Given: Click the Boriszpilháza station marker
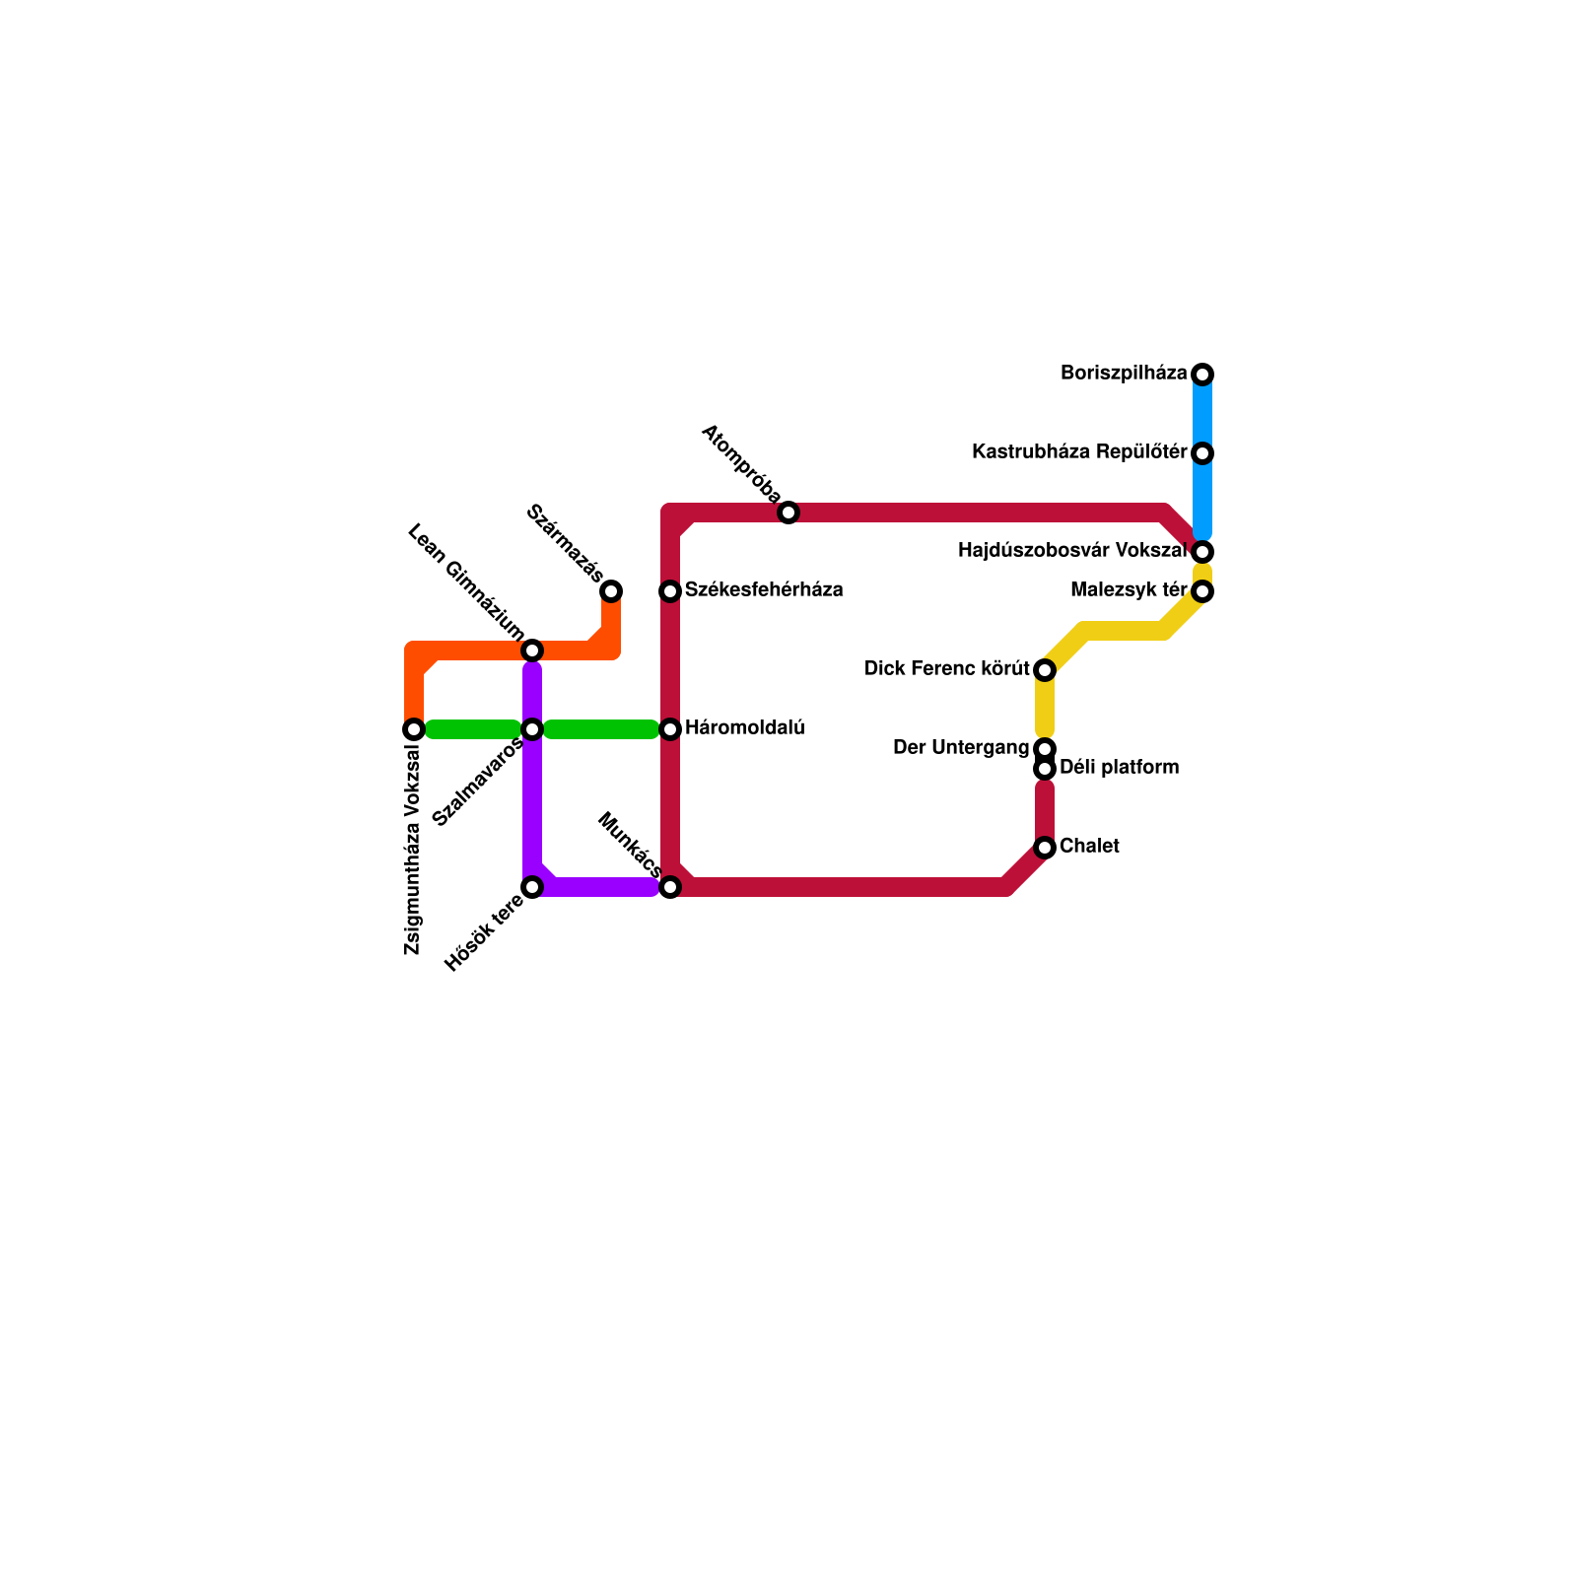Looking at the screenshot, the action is [x=1202, y=375].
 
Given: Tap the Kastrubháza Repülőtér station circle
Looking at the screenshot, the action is [x=1202, y=453].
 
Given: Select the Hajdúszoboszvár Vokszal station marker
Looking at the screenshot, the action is [x=1202, y=552].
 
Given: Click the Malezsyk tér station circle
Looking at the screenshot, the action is [x=1202, y=591].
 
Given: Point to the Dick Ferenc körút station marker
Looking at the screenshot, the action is [x=1045, y=670].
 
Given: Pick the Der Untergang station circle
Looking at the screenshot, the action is [x=1045, y=749].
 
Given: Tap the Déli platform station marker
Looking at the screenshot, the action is [x=1045, y=769].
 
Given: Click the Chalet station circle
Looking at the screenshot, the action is [x=1045, y=848].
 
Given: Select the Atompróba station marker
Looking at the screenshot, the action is [x=788, y=513].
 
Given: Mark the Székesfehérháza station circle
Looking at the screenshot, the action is [x=670, y=591].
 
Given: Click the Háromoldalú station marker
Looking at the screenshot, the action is [x=670, y=729].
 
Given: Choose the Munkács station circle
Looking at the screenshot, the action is [x=670, y=887].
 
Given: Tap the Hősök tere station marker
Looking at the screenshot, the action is [x=532, y=887].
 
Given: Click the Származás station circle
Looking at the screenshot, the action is [x=611, y=591].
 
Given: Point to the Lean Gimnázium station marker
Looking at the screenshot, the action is [x=532, y=651].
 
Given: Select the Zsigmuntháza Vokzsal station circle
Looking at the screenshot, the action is [x=414, y=729].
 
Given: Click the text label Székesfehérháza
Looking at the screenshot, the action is [x=764, y=590].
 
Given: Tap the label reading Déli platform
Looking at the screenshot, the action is [x=1119, y=768].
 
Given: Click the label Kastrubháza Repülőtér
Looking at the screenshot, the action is [x=1079, y=452].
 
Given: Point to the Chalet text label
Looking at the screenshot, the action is [x=1089, y=847].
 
